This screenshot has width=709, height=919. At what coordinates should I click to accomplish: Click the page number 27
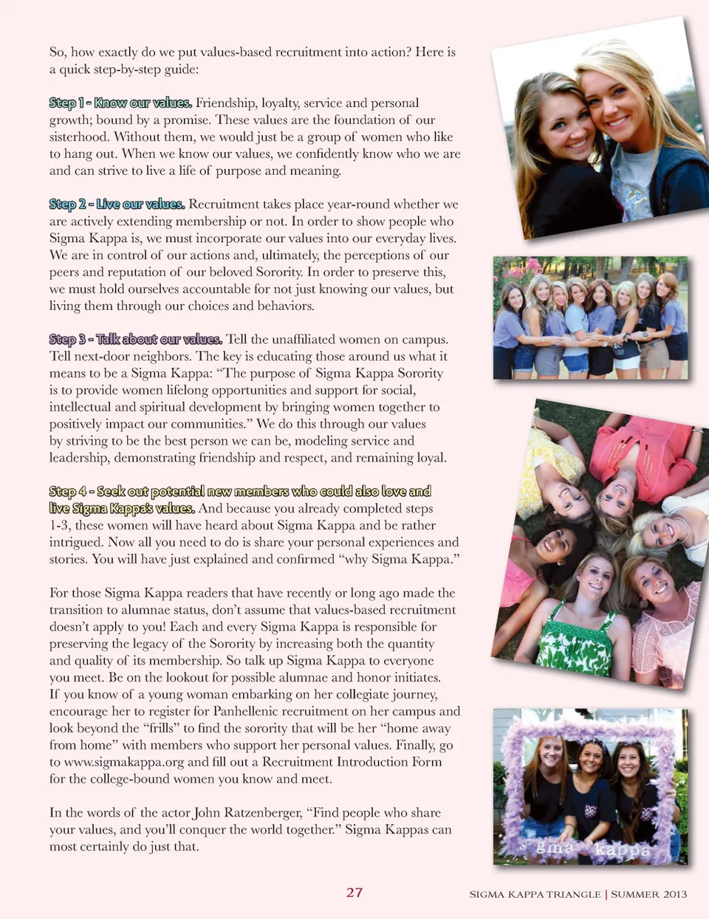coord(354,892)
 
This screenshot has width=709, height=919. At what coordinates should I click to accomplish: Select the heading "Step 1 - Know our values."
coord(120,103)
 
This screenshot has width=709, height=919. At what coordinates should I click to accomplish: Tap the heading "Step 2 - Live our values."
coord(117,204)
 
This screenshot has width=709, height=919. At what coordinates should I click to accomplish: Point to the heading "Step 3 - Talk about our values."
coord(135,339)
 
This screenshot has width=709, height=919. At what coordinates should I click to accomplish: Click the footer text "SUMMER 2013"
coord(649,894)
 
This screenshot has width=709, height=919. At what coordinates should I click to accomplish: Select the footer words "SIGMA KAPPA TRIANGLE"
coord(535,894)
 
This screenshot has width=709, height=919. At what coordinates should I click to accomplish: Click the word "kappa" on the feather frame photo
coord(623,850)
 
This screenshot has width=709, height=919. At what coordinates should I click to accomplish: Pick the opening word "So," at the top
coord(58,52)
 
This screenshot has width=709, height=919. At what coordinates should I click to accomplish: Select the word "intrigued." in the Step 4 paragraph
coord(75,542)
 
